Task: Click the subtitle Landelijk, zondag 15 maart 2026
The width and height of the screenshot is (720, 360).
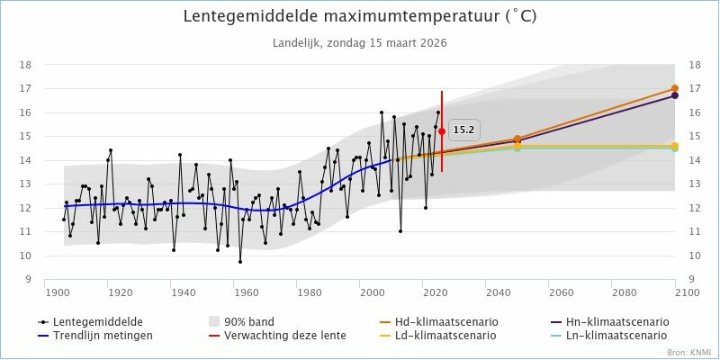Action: coord(360,42)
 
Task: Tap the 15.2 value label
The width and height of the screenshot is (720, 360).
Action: coord(463,130)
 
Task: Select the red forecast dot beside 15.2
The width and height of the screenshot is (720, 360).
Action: coord(442,131)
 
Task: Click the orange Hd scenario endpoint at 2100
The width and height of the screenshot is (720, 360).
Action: coord(675,88)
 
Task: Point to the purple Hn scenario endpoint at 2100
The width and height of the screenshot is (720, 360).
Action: coord(675,95)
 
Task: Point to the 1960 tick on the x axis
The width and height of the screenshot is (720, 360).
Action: coord(246,292)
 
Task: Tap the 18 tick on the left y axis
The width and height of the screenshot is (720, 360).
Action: coord(27,65)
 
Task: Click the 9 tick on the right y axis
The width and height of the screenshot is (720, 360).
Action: coord(691,279)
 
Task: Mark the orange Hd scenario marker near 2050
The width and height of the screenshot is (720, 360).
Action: coord(517,139)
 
